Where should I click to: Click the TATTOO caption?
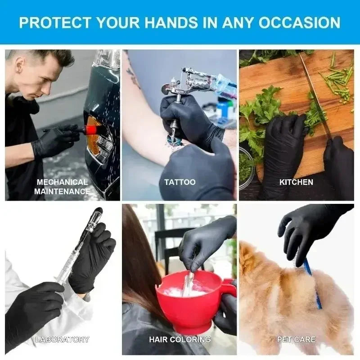[180, 182]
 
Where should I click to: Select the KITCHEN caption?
[296, 182]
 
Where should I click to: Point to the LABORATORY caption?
[62, 339]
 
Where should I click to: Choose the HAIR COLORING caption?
[180, 339]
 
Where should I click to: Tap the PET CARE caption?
[296, 339]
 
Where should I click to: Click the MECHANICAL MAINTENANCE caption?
[62, 186]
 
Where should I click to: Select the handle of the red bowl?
[228, 288]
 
